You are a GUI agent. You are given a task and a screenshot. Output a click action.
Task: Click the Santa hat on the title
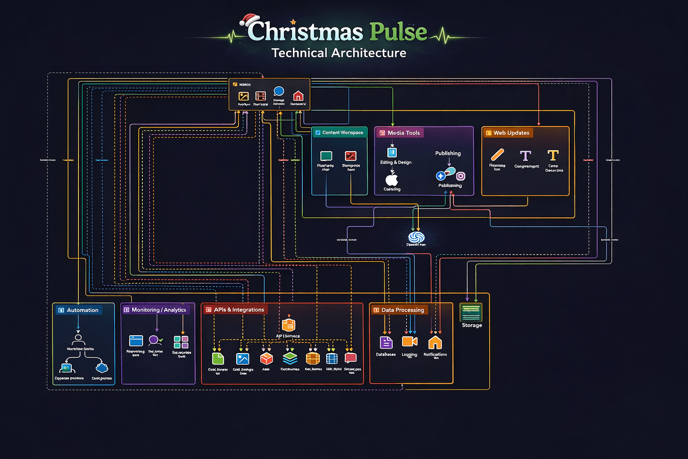[x=249, y=20]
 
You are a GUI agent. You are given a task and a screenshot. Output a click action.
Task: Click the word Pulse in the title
[x=398, y=32]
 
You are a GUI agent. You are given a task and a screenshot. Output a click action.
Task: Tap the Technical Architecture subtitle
[x=339, y=53]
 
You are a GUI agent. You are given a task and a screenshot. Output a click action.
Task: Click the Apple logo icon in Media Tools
[x=392, y=180]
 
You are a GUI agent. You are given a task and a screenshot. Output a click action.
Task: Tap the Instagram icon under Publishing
[x=460, y=176]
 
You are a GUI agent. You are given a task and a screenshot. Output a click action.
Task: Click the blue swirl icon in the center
[x=416, y=237]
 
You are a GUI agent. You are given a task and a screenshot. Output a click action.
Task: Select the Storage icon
[x=471, y=312]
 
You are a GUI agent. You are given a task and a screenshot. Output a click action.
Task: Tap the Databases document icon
[x=386, y=342]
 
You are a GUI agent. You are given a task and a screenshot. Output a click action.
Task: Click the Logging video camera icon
[x=409, y=342]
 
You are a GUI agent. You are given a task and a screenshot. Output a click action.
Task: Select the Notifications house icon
[x=435, y=342]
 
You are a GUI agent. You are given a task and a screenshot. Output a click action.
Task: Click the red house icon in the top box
[x=298, y=95]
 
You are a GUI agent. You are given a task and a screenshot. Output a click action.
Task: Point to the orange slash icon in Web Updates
[x=497, y=155]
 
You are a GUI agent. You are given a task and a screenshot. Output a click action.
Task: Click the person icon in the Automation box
[x=78, y=339]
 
